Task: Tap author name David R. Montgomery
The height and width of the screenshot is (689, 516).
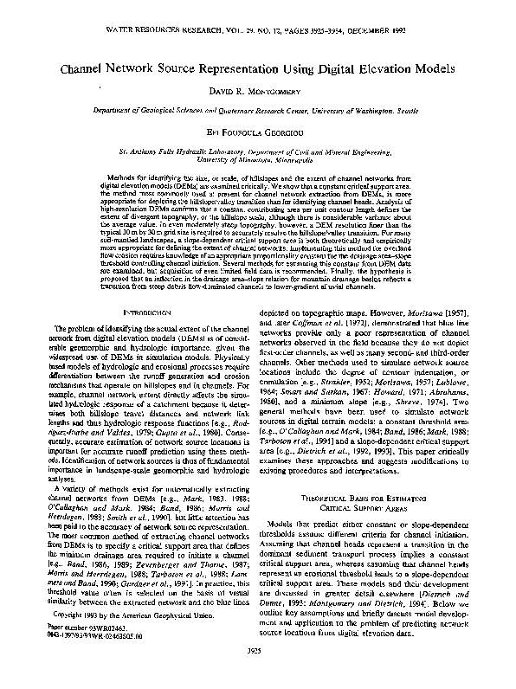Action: point(258,91)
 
